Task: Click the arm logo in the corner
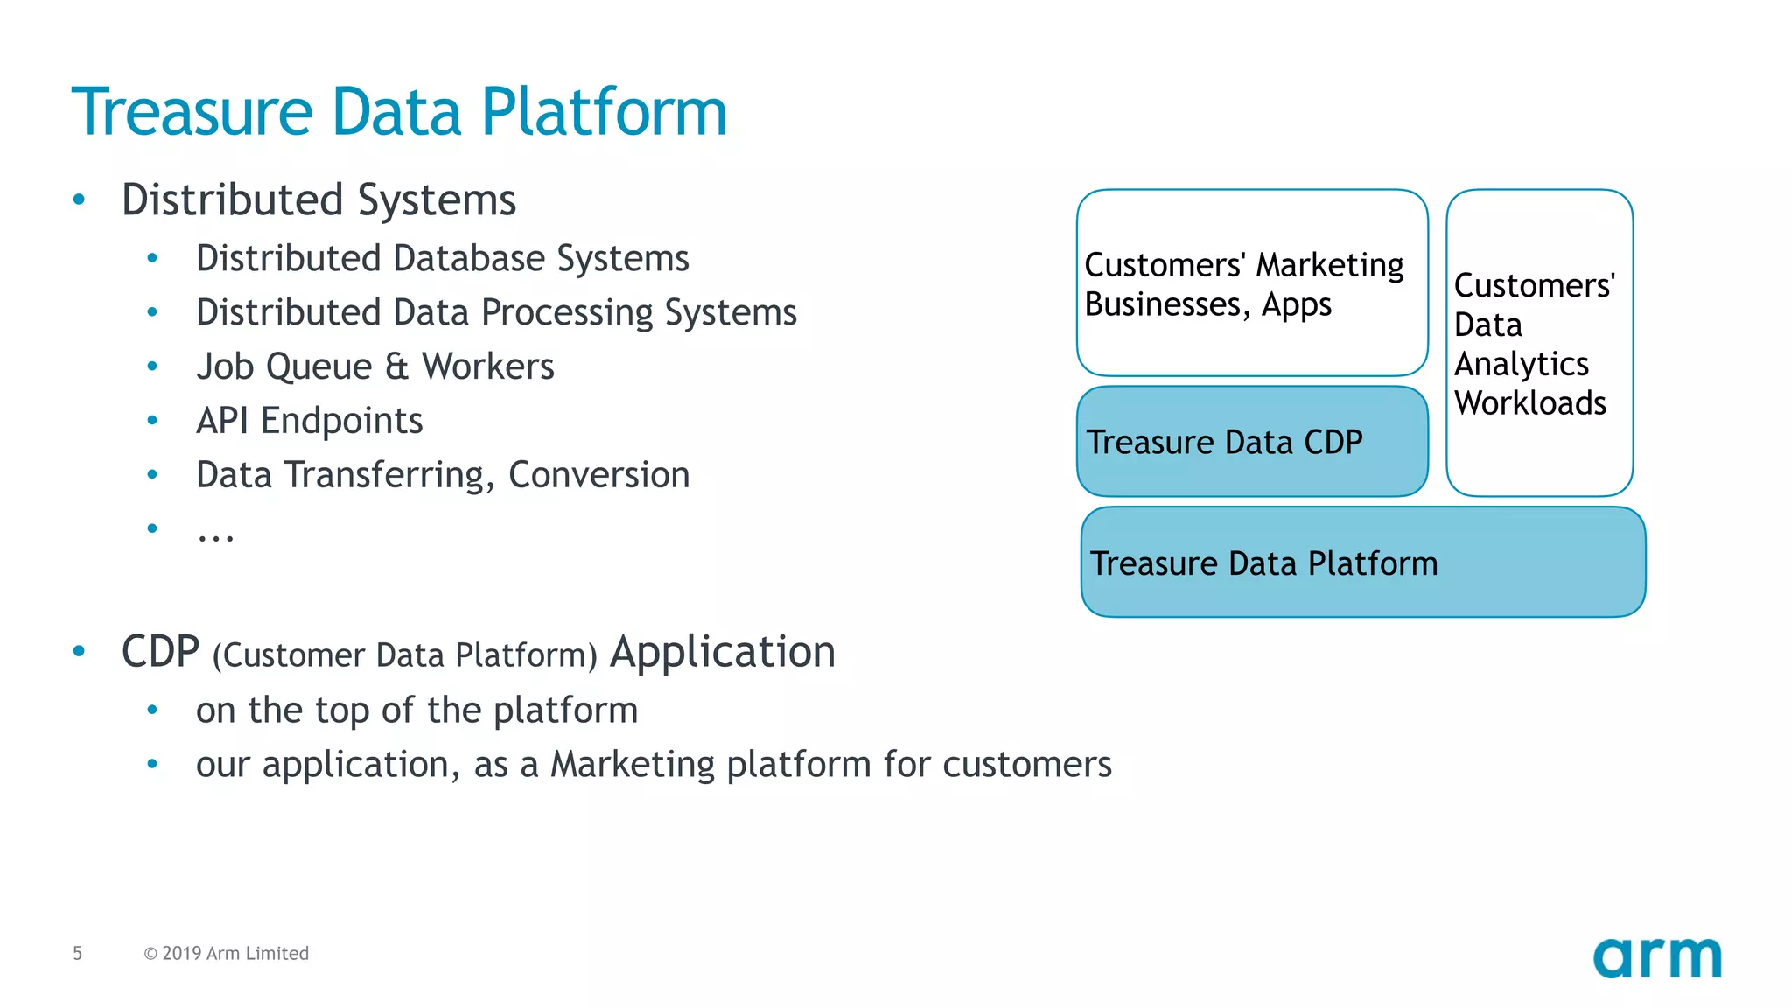pyautogui.click(x=1656, y=957)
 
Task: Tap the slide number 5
pyautogui.click(x=78, y=953)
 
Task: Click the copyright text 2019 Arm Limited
pyautogui.click(x=227, y=953)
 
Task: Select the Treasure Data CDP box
pyautogui.click(x=1252, y=442)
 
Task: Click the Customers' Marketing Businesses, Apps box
pyautogui.click(x=1252, y=283)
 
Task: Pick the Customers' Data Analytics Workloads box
pyautogui.click(x=1539, y=343)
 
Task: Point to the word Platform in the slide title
pyautogui.click(x=604, y=112)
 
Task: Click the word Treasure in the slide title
pyautogui.click(x=192, y=112)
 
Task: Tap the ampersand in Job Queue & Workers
pyautogui.click(x=396, y=367)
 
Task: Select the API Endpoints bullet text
pyautogui.click(x=309, y=421)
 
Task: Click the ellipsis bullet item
pyautogui.click(x=215, y=533)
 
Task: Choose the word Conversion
pyautogui.click(x=598, y=475)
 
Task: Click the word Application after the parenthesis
pyautogui.click(x=722, y=652)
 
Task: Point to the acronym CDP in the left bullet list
pyautogui.click(x=160, y=652)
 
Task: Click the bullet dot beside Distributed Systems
pyautogui.click(x=80, y=199)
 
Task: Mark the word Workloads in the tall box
pyautogui.click(x=1529, y=403)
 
